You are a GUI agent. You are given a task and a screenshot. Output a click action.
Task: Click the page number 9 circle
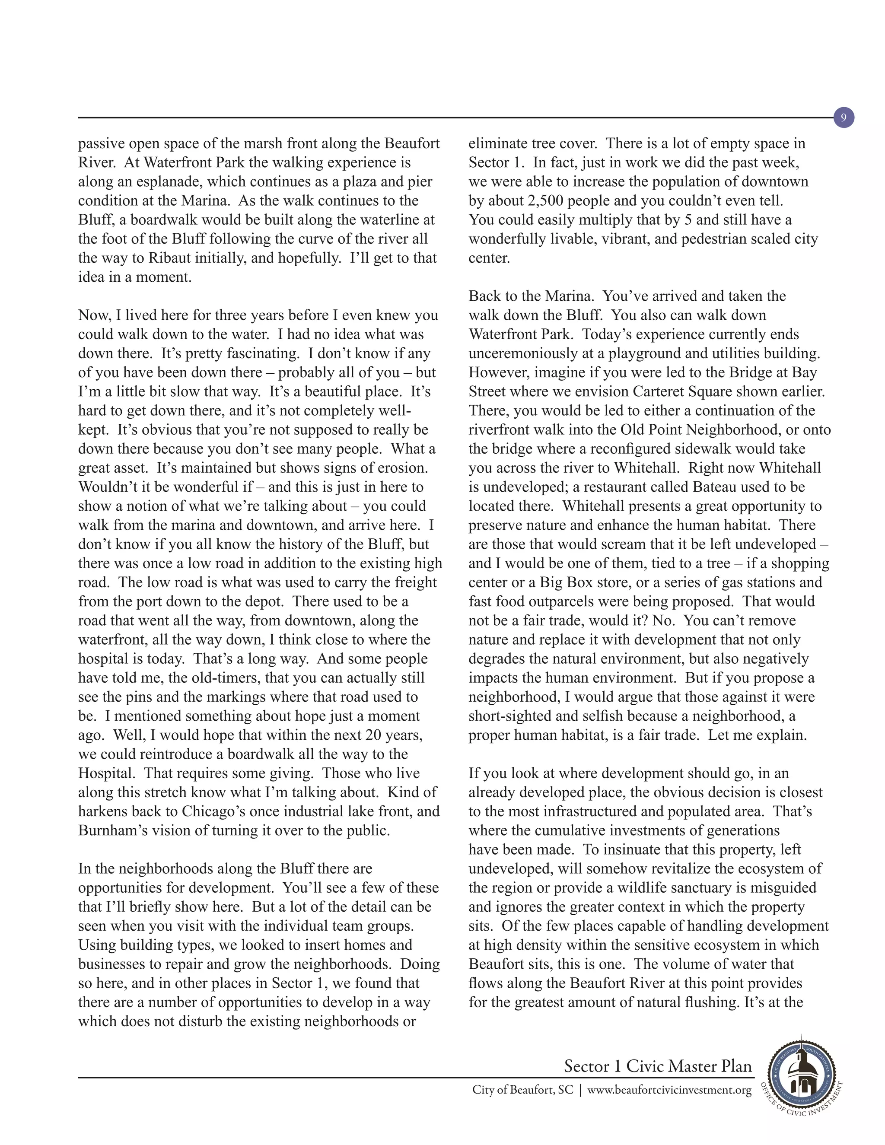843,118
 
